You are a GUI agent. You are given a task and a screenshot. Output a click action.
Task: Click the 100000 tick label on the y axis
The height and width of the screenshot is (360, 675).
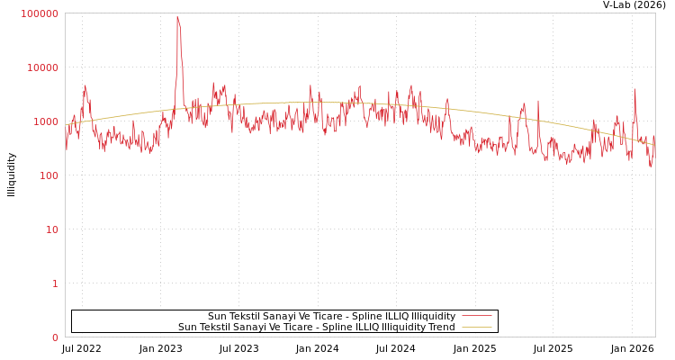pos(40,13)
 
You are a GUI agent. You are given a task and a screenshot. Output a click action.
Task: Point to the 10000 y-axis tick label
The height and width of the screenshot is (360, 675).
pos(42,67)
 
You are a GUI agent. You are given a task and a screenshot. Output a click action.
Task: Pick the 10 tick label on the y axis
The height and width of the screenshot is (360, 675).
pos(51,229)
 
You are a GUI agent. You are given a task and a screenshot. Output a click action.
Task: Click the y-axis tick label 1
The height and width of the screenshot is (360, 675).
pos(55,283)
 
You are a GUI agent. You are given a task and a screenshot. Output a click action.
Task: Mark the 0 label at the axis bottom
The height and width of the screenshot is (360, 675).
pos(55,337)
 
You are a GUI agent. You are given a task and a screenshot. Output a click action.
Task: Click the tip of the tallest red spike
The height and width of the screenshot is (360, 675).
pos(177,16)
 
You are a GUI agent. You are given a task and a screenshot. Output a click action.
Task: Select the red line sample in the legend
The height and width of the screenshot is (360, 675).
pos(476,316)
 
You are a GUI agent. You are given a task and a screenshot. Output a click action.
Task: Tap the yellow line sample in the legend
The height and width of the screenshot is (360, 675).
pos(476,327)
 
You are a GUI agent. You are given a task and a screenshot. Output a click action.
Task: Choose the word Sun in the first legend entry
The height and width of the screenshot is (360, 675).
pos(217,316)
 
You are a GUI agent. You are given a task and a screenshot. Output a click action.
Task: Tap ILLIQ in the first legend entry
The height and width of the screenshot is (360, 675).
pos(397,316)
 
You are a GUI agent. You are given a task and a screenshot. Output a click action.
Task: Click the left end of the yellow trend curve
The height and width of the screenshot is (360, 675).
pos(66,125)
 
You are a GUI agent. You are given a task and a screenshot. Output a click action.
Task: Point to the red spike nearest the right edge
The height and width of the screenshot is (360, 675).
pos(634,89)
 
